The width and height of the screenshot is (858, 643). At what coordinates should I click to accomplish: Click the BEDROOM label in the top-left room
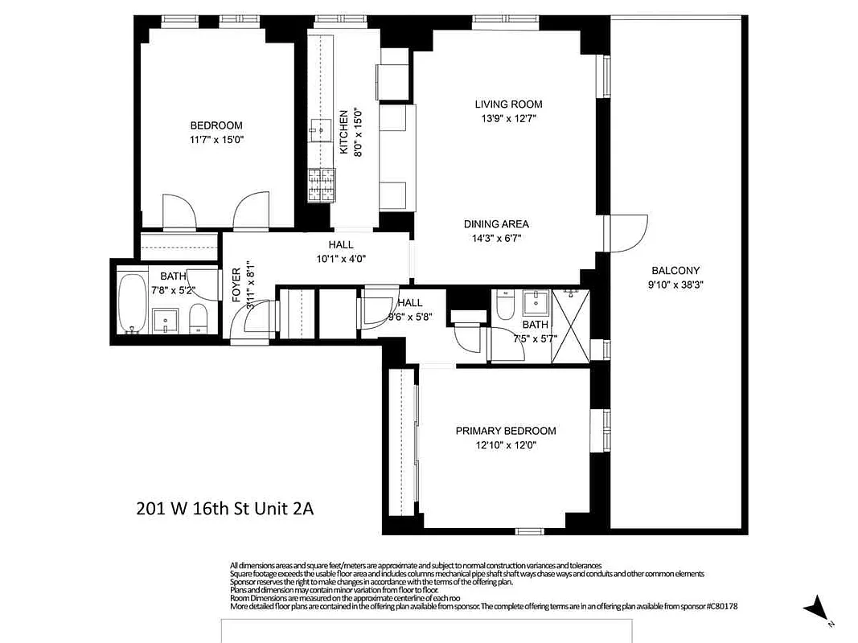click(216, 125)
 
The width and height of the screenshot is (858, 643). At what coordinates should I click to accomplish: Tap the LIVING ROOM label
click(508, 104)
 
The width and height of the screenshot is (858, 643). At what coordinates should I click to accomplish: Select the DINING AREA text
click(496, 224)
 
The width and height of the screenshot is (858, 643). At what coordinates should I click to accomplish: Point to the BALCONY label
click(675, 271)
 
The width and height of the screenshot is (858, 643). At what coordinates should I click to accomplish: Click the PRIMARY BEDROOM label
click(505, 431)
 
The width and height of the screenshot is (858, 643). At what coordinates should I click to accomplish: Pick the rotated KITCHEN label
click(343, 133)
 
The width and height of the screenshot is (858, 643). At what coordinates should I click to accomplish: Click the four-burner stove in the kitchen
click(320, 185)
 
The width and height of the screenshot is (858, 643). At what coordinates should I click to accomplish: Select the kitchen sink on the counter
click(321, 129)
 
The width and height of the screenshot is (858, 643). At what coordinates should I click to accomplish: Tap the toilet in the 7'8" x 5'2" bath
click(198, 319)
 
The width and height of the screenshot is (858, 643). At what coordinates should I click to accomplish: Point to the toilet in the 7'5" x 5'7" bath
click(505, 306)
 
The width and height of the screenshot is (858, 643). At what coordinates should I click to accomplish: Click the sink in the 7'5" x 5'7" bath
click(536, 303)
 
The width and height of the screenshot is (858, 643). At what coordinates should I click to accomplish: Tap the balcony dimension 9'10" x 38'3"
click(675, 285)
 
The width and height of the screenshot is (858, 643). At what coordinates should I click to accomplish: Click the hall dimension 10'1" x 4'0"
click(340, 259)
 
